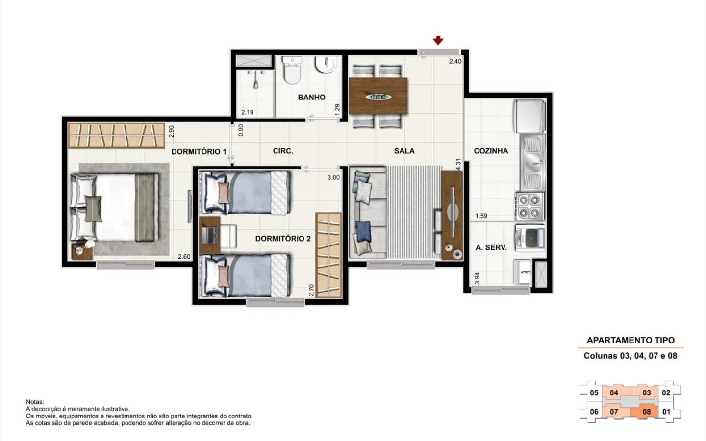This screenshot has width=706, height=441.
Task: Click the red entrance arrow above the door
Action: tap(438, 40)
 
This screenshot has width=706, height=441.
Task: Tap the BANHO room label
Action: tap(311, 97)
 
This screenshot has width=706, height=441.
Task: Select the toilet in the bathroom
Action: tap(292, 70)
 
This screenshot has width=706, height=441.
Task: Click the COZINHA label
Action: tap(491, 151)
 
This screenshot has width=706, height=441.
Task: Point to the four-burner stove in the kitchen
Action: tap(529, 206)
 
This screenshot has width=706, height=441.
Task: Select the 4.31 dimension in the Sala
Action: tap(458, 165)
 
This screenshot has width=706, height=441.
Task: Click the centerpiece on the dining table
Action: tap(378, 97)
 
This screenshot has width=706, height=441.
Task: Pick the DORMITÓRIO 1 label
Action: tap(199, 151)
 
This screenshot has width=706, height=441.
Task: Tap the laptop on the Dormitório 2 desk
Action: tap(209, 235)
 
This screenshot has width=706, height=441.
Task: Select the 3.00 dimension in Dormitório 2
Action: tap(333, 177)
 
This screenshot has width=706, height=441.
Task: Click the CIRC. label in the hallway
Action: tap(283, 151)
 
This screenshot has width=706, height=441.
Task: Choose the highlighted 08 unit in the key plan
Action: tap(646, 412)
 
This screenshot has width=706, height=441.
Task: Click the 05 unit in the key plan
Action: tap(594, 393)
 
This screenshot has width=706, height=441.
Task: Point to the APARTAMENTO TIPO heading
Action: tap(630, 340)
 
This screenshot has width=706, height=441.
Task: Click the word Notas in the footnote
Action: tap(35, 402)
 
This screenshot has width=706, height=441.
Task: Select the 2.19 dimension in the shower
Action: tap(248, 112)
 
